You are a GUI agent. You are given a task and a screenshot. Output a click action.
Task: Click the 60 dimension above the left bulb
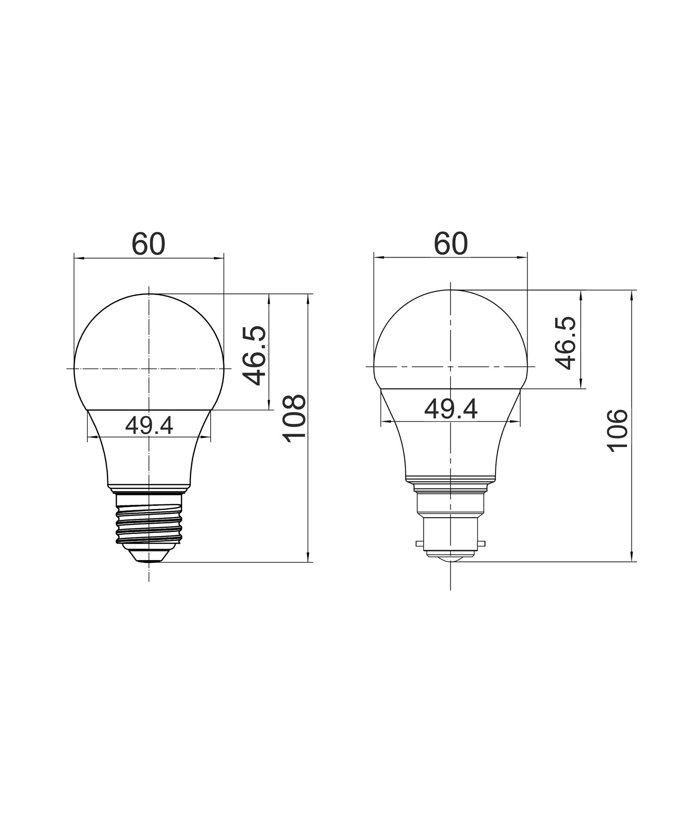149,244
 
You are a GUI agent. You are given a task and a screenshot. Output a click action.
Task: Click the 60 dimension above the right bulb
450,244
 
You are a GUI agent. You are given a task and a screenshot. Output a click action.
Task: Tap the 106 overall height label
618,430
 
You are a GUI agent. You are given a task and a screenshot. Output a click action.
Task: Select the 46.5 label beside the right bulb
565,343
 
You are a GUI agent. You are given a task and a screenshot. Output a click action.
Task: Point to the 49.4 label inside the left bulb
149,426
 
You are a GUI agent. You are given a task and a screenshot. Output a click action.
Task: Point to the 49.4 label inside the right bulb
451,410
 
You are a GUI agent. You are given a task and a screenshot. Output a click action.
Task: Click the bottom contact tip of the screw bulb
149,560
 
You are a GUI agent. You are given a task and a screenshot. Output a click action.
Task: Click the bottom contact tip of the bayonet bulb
451,560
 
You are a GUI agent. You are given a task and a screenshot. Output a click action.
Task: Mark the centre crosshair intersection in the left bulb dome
149,369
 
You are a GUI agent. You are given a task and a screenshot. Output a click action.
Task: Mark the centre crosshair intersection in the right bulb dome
451,366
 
